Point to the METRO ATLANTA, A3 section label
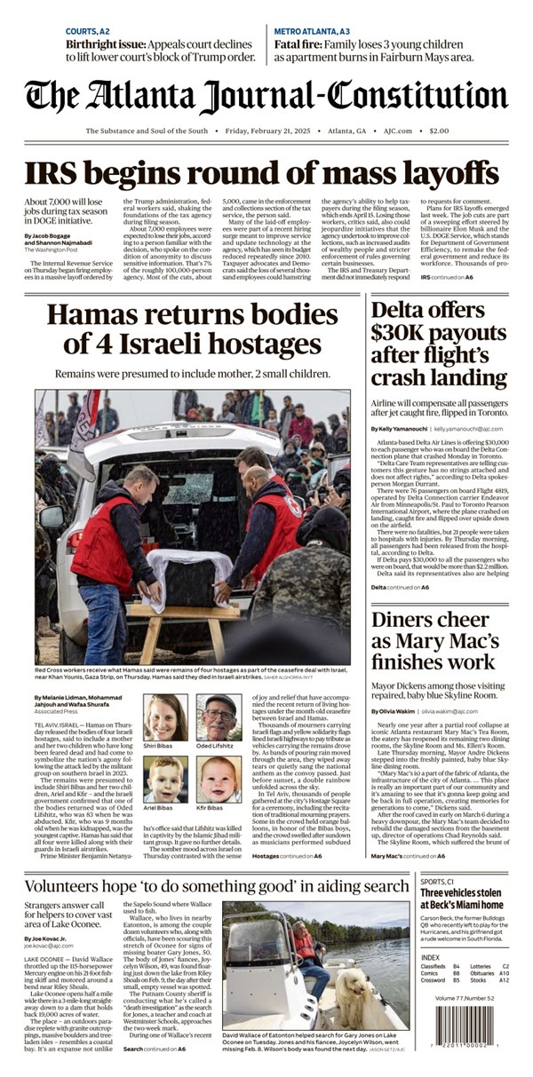tap(312, 31)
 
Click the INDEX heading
tap(430, 957)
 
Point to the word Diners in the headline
tap(407, 620)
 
